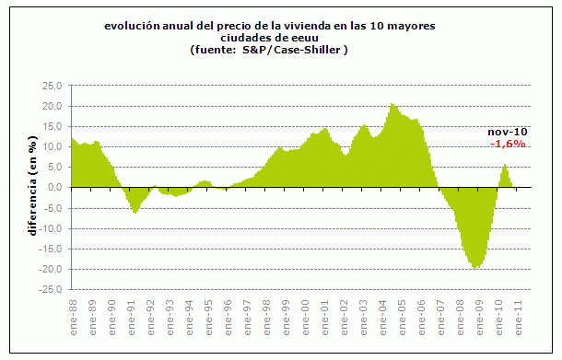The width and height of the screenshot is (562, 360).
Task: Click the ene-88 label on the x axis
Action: (x=73, y=315)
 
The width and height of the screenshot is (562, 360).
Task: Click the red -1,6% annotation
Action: (x=507, y=145)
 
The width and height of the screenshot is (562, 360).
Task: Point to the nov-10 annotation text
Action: (x=507, y=133)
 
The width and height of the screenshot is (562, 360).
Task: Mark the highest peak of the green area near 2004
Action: (x=392, y=104)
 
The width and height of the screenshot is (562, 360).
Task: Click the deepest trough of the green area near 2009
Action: (x=476, y=268)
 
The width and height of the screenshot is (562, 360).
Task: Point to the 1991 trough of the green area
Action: (x=135, y=213)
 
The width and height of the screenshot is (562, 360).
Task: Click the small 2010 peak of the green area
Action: (x=505, y=165)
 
